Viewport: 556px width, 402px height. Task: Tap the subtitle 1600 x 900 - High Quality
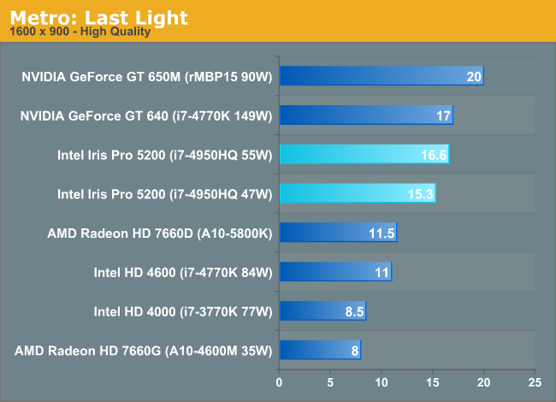point(80,33)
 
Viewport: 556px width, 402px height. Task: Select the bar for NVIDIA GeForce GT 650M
point(381,77)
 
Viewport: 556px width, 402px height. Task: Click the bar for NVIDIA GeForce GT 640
point(365,115)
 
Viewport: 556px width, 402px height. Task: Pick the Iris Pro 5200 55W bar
point(364,155)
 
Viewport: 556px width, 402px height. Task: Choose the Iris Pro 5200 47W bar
point(357,194)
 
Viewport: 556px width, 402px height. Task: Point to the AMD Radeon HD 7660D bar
point(337,233)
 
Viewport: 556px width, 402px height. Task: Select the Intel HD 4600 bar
point(334,272)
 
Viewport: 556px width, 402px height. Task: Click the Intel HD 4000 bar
point(322,311)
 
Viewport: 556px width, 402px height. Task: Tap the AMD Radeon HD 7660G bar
point(319,350)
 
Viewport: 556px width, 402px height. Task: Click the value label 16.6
point(434,156)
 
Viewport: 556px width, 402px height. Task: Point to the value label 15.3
point(421,194)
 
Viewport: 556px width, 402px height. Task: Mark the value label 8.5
point(355,311)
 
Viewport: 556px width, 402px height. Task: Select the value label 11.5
point(382,234)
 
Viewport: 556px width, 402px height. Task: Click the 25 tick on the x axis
point(535,381)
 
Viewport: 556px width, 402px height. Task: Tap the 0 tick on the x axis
point(279,381)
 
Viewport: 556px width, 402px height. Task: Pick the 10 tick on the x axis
point(382,381)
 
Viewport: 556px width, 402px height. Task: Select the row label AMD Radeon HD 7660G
point(143,351)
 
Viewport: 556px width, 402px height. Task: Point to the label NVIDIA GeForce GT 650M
point(145,77)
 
